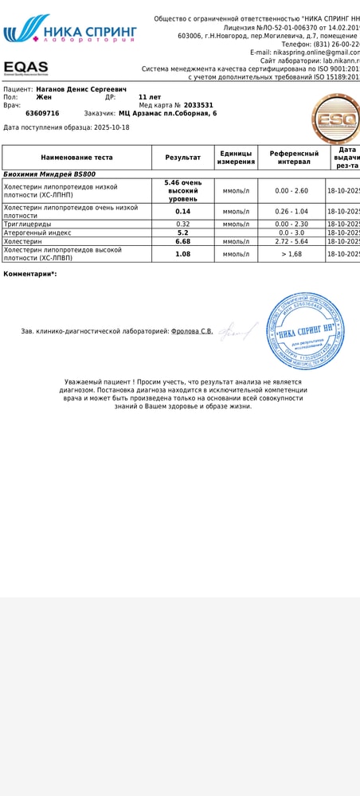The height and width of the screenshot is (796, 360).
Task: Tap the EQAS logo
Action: coord(25,68)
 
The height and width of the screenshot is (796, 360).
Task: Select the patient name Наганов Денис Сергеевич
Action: coord(81,89)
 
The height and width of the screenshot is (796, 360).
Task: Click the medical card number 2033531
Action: coord(198,105)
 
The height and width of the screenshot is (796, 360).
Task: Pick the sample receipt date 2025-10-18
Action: coord(112,127)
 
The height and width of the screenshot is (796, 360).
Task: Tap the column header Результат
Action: coord(182,158)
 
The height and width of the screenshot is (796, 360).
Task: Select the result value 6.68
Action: coord(182,241)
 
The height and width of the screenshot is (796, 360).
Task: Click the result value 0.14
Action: coord(182,212)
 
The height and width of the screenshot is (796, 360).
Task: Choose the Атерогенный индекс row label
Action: coord(37,232)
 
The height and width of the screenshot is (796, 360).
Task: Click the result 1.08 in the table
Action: coord(182,254)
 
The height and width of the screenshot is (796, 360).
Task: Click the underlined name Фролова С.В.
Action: coord(192,331)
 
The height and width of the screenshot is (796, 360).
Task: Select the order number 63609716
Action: coord(42,113)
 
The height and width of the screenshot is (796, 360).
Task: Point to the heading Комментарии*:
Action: coord(30,274)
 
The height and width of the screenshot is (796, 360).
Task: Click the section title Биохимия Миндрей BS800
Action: coord(49,174)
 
